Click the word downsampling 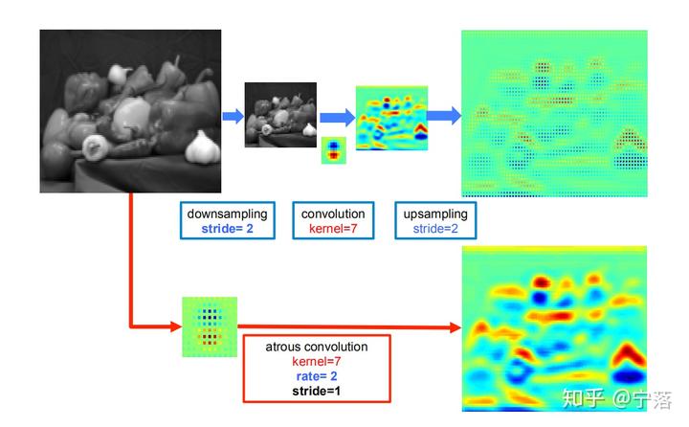tap(227, 213)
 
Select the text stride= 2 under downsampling tap(227, 229)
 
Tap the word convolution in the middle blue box tap(333, 213)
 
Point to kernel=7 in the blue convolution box tap(333, 229)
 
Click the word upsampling tap(434, 213)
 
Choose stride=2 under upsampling tap(434, 229)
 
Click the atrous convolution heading tap(317, 347)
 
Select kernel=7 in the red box tap(317, 361)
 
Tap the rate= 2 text tap(317, 375)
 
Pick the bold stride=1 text tap(317, 391)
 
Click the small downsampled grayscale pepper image tap(280, 114)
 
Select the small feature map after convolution tap(391, 118)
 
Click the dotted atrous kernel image tap(210, 326)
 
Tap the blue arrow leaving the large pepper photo tap(233, 116)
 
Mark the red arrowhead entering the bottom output tap(453, 327)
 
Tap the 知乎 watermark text tap(583, 395)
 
